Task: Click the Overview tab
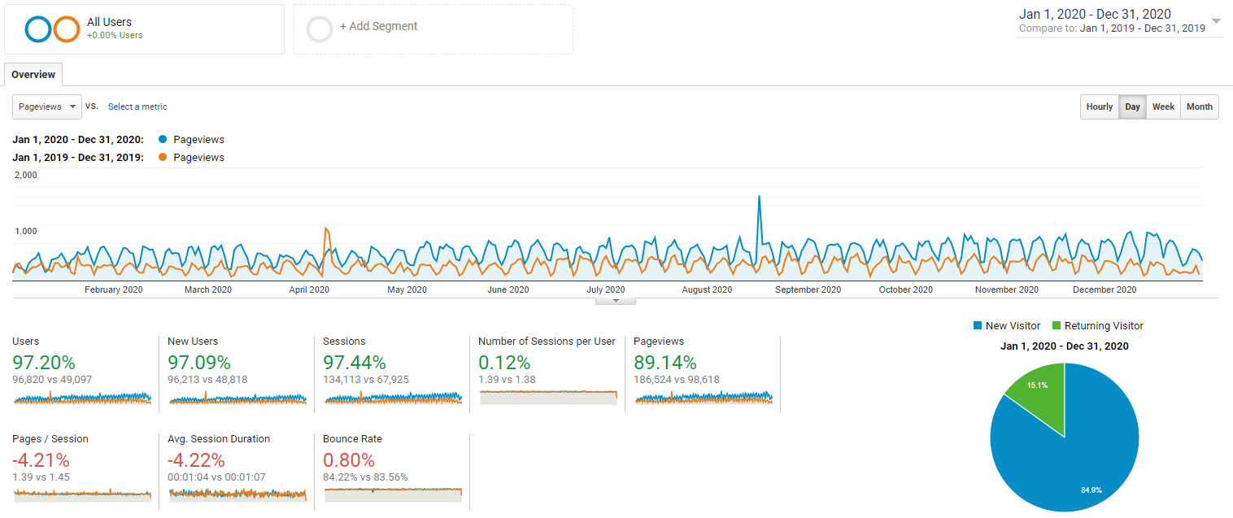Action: (x=33, y=75)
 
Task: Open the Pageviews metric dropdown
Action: (x=48, y=107)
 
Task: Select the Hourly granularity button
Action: (x=1099, y=107)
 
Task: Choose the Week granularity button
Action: (x=1163, y=107)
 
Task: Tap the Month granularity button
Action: (x=1199, y=107)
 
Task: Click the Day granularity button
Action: (x=1132, y=107)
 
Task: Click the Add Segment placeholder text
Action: (x=378, y=26)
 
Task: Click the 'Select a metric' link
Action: (x=137, y=107)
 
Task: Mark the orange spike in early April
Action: (x=326, y=230)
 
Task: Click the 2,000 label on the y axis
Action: (x=26, y=175)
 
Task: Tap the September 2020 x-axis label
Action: (x=808, y=289)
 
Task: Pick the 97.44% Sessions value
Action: (x=354, y=362)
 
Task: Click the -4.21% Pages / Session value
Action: (x=41, y=459)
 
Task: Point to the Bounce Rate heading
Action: (x=352, y=439)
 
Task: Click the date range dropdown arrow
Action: (x=1215, y=21)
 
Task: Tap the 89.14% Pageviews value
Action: (x=664, y=362)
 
